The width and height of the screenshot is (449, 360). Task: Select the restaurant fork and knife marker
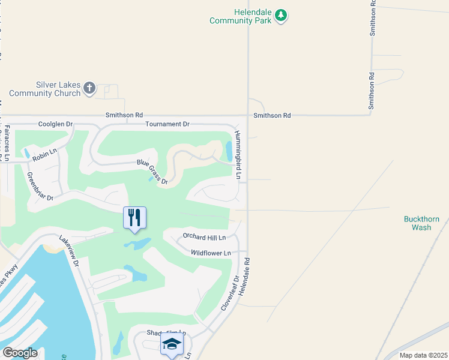[x=134, y=218]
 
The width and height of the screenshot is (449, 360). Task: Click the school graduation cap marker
[x=172, y=345]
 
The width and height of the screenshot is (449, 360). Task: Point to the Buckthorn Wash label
[x=417, y=223]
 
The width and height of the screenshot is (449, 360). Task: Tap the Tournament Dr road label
[x=167, y=124]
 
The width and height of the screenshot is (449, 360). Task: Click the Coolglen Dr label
[x=55, y=124]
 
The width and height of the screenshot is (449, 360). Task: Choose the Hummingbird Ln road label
[x=238, y=155]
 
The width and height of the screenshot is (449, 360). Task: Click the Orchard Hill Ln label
[x=203, y=238]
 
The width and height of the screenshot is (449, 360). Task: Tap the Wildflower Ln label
[x=211, y=253]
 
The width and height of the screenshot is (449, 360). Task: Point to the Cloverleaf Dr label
[x=229, y=293]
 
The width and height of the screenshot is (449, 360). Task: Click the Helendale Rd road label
[x=244, y=277]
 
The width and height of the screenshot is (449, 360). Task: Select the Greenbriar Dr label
[x=41, y=187]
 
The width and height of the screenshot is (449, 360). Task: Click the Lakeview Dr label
[x=70, y=251]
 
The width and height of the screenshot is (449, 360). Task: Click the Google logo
[x=20, y=353]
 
